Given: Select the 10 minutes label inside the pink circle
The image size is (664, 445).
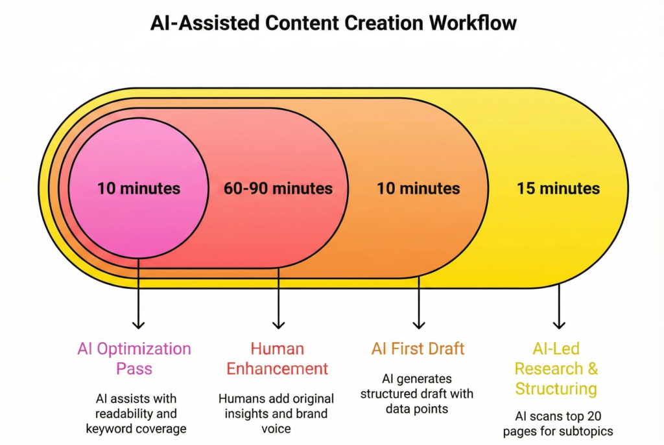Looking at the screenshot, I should click(x=139, y=188).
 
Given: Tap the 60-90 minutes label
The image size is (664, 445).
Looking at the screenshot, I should click(x=278, y=188).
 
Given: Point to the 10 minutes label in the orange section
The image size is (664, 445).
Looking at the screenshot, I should click(x=418, y=188).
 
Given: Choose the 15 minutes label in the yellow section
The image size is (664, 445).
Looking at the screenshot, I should click(x=558, y=188).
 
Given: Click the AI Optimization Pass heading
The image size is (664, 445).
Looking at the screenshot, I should click(x=134, y=359).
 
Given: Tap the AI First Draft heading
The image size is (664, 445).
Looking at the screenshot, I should click(x=418, y=349).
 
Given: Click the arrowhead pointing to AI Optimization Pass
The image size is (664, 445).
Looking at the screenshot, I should click(x=138, y=324).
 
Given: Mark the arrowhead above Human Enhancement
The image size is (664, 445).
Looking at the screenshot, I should click(x=278, y=324).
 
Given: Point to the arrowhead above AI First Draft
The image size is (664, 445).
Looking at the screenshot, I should click(x=419, y=324).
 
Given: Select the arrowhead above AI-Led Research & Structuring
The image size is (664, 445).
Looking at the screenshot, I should click(x=559, y=324).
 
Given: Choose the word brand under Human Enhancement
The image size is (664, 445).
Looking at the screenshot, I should click(x=311, y=413).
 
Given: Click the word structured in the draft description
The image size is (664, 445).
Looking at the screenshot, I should click(x=389, y=393).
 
